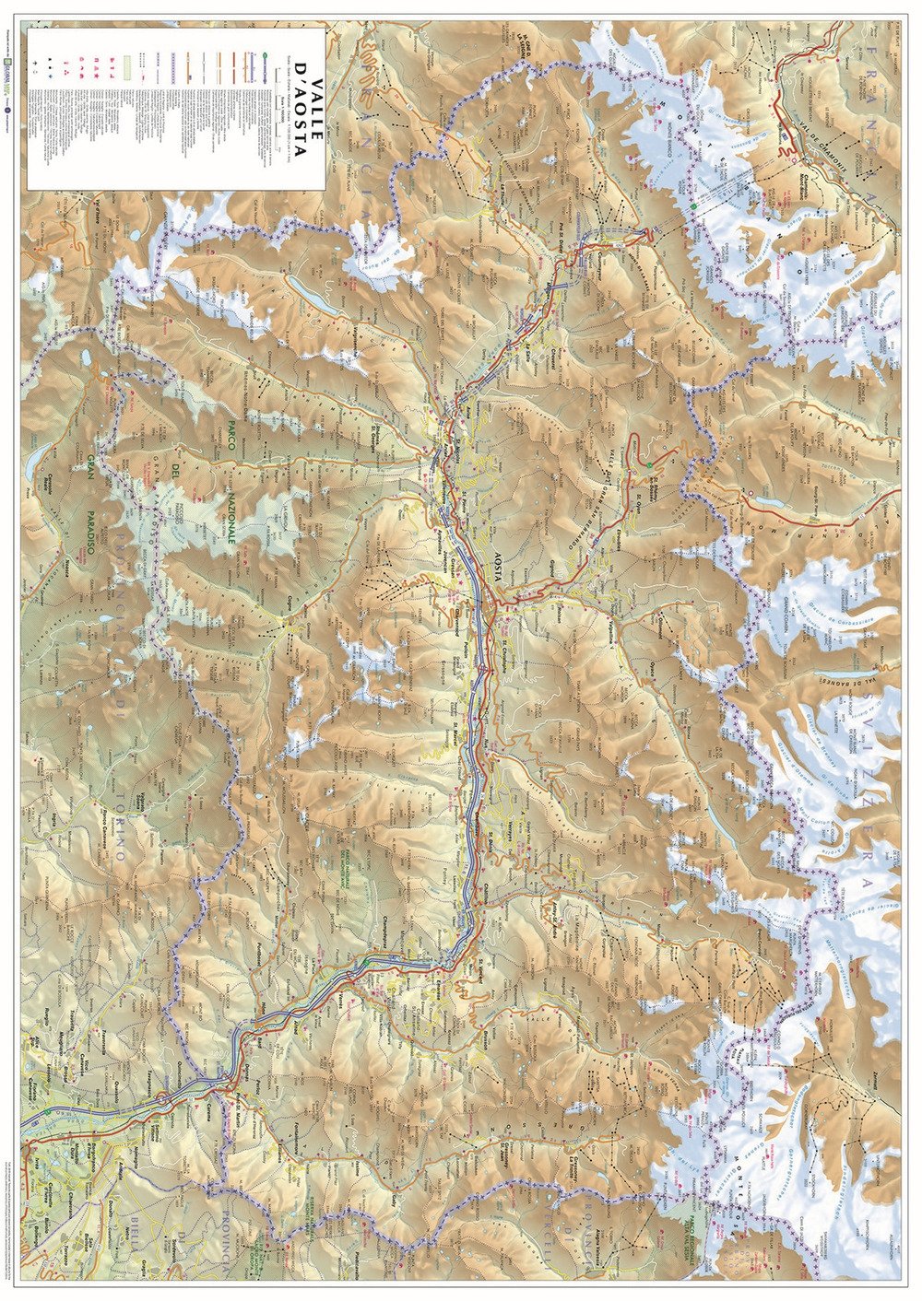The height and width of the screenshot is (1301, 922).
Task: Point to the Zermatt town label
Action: [x=865, y=1087]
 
